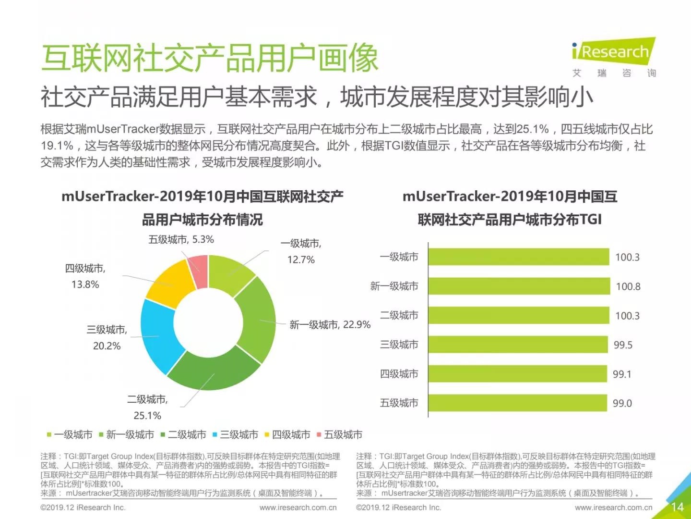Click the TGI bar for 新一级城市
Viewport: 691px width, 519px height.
tap(518, 286)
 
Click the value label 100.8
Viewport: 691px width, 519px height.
tap(628, 287)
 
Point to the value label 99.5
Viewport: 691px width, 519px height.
tap(623, 345)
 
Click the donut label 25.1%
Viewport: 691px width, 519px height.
tap(147, 416)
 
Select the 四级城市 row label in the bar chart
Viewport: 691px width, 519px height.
tap(399, 374)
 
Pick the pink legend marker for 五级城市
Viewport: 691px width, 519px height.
tap(319, 435)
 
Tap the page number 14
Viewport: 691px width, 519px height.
tap(677, 507)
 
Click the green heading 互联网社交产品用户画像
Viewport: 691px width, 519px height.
tap(210, 59)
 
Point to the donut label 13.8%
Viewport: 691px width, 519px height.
tap(85, 284)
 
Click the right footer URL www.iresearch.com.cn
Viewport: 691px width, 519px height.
tap(613, 507)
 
